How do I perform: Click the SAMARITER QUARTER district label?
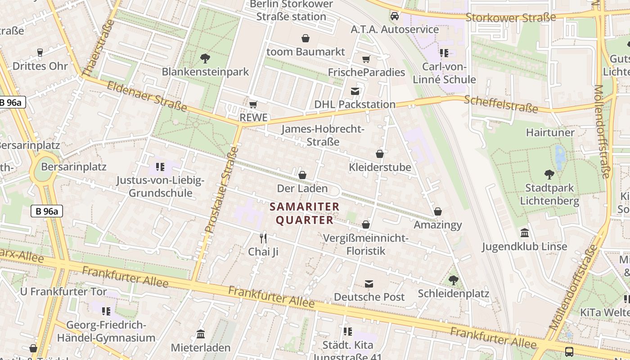(x=305, y=213)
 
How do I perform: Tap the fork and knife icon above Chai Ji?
(x=263, y=238)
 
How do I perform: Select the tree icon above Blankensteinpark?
(x=205, y=58)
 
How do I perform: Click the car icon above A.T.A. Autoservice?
(x=395, y=16)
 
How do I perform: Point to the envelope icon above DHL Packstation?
(x=355, y=91)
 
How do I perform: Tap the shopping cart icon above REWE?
(x=253, y=104)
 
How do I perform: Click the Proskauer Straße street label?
(x=220, y=189)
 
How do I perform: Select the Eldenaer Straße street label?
(x=147, y=96)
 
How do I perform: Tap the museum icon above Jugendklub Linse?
(x=524, y=233)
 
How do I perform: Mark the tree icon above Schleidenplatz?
(x=453, y=280)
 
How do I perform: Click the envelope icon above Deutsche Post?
(x=369, y=283)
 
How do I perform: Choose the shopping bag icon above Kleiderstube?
(x=380, y=154)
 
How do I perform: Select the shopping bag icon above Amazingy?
(x=437, y=211)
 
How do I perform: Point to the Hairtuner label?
(x=550, y=132)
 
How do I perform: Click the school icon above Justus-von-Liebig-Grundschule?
(x=160, y=167)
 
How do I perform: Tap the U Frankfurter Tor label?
(x=63, y=292)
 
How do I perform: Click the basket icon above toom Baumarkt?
(x=306, y=38)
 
